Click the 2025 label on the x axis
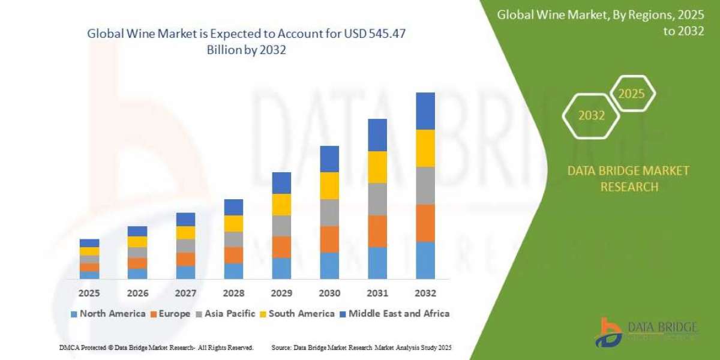[89, 293]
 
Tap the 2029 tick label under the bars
[281, 293]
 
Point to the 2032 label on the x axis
[425, 293]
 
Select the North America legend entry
[107, 314]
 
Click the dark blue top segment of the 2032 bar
[425, 111]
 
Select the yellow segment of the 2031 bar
[377, 167]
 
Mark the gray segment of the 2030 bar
[329, 212]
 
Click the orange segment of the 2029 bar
[281, 247]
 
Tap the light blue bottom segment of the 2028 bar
[233, 271]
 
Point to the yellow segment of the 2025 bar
[89, 251]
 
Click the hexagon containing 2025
[631, 94]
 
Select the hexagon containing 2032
[591, 116]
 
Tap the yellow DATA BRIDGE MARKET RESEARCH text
[628, 179]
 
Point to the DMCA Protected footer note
[156, 347]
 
